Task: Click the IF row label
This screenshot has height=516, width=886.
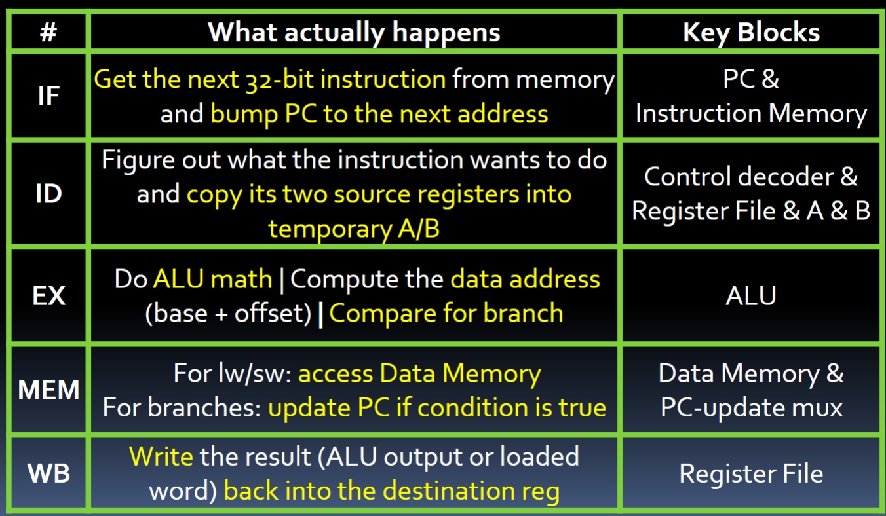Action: pos(48,96)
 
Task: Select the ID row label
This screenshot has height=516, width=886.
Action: pos(48,194)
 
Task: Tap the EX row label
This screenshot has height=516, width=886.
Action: pos(48,295)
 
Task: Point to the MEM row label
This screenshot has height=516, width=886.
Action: pos(48,391)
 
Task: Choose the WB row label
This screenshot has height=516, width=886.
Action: pos(48,473)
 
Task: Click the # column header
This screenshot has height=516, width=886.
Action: pos(48,32)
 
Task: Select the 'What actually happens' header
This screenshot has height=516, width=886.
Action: pos(354,32)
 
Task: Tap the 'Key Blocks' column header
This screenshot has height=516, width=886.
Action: pos(751,32)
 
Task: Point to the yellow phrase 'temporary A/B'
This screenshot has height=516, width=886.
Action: pos(354,229)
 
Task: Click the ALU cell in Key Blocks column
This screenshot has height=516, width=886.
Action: pos(751,295)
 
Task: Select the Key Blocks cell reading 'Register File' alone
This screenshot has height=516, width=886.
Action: pos(751,473)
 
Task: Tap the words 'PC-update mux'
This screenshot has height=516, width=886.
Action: pos(751,408)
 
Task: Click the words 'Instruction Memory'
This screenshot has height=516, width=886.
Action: pos(751,114)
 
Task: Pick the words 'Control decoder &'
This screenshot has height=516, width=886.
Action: pos(751,177)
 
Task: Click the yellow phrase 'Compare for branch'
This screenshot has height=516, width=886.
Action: pos(446,313)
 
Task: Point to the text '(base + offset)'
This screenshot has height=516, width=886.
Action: pos(227,313)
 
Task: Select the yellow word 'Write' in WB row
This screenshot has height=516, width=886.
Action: pos(161,456)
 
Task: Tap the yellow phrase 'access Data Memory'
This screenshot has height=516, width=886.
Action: pos(419,374)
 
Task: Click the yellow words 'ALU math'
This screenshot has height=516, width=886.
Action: pos(212,279)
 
